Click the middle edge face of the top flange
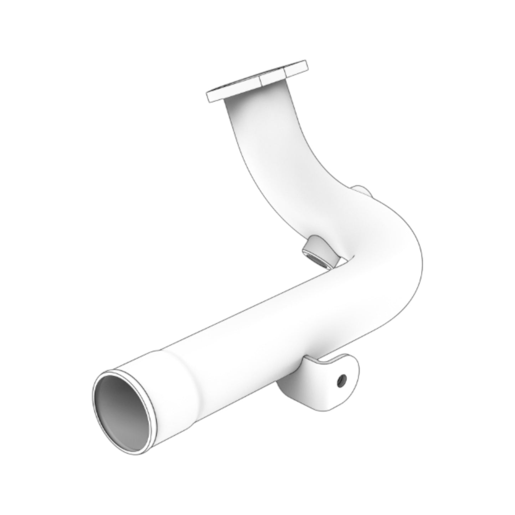point(273,79)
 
